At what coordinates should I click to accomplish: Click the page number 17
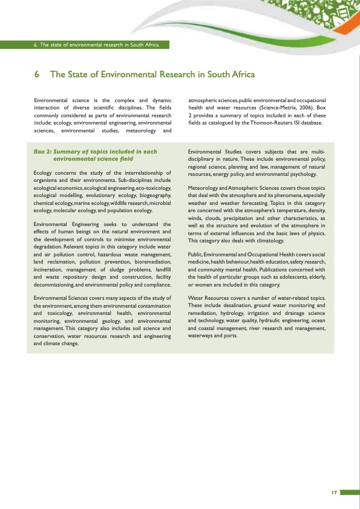click(x=333, y=492)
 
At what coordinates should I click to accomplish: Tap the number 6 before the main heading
click(x=38, y=75)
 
